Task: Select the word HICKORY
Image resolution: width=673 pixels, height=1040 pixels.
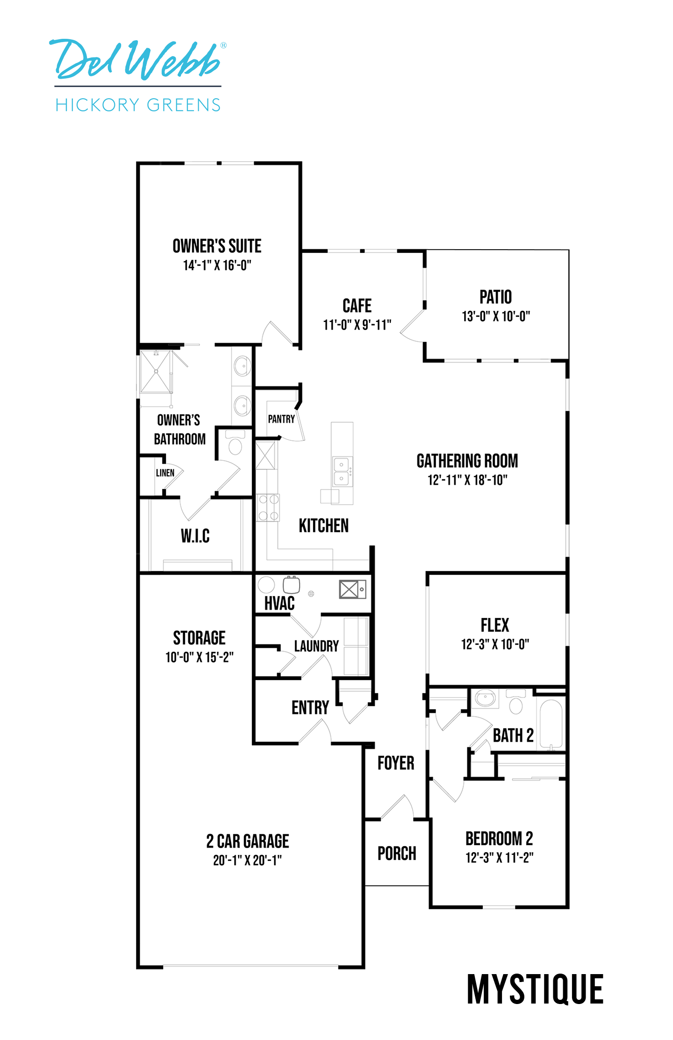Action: point(96,104)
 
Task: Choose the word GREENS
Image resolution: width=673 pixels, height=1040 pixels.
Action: point(183,104)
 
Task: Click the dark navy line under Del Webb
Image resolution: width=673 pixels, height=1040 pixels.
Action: point(138,86)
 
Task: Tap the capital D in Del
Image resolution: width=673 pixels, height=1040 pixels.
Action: point(65,58)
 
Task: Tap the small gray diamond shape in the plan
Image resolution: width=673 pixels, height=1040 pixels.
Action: point(482,763)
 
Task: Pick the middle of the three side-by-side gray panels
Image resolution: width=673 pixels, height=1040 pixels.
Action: point(498,372)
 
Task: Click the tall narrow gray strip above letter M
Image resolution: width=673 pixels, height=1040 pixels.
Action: point(498,918)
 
